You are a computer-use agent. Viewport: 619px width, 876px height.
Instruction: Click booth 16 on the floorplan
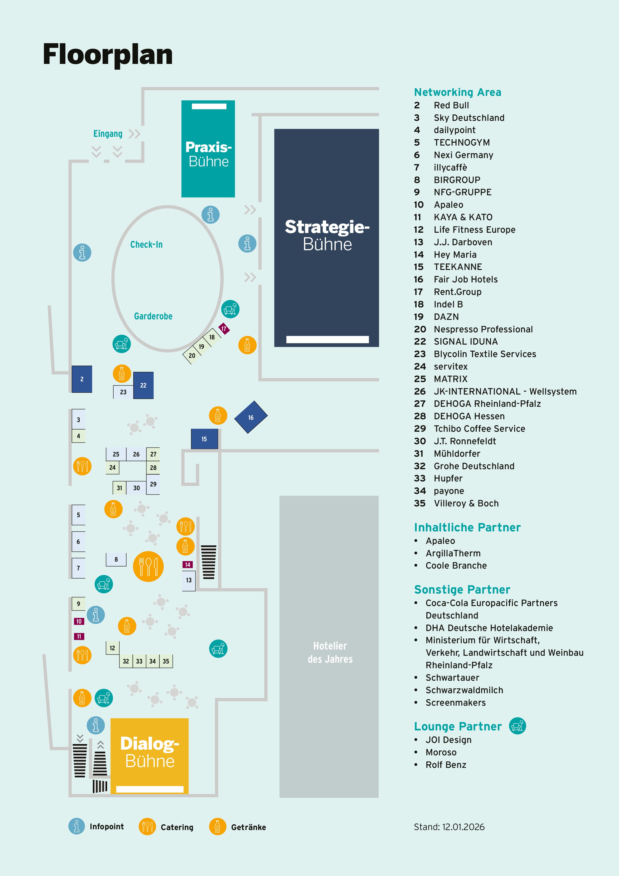(251, 417)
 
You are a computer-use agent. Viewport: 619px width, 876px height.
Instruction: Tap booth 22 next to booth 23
(144, 385)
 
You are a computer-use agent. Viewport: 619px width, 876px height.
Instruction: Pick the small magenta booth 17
(224, 329)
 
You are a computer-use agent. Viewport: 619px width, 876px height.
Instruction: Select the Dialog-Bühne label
(150, 752)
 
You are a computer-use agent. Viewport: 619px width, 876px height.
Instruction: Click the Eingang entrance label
(108, 134)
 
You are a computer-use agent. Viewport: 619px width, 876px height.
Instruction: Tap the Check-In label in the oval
(147, 244)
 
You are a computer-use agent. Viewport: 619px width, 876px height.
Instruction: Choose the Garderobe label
(153, 316)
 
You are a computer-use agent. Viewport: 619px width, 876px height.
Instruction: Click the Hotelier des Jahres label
(330, 653)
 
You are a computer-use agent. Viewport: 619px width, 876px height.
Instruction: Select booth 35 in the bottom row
(166, 661)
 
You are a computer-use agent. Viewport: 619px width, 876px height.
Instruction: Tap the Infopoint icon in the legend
(77, 826)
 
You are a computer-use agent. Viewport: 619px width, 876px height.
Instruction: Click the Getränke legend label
(248, 827)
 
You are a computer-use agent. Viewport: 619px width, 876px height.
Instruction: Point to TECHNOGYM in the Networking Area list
(462, 143)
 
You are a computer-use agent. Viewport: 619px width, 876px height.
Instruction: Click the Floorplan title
(108, 54)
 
